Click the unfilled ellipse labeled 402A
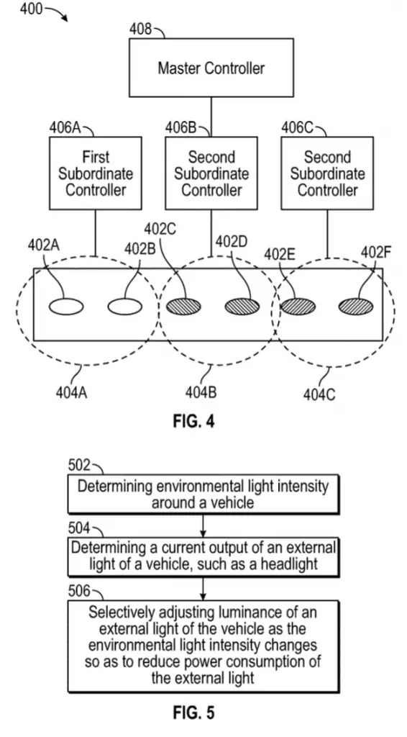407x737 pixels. pos(66,307)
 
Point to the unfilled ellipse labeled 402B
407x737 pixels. pos(125,307)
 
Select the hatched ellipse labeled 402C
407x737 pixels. pos(183,307)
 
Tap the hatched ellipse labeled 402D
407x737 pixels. pos(242,307)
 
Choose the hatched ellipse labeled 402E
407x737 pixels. pos(298,307)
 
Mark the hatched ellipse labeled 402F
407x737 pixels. pos(356,307)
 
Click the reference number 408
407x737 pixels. pos(141,30)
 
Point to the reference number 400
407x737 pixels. pos(32,8)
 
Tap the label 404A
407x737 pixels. pos(71,392)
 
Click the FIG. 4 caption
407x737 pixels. pos(193,421)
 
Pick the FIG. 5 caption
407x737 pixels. pos(193,713)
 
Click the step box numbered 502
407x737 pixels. pos(203,494)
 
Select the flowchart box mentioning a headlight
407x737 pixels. pos(203,558)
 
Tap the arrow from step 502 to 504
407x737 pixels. pos(203,526)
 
